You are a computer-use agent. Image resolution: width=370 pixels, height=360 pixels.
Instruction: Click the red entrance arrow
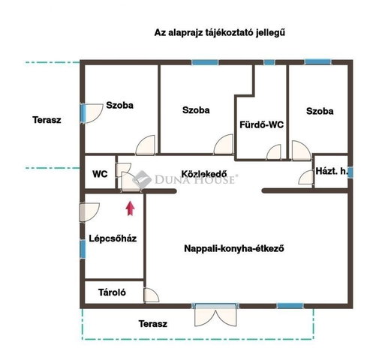[130, 208]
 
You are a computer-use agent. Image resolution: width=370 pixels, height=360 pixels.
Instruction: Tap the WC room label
[100, 174]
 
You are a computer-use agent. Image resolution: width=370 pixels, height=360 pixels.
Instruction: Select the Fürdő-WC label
[262, 124]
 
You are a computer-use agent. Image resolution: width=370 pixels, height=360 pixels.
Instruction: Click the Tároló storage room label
[112, 292]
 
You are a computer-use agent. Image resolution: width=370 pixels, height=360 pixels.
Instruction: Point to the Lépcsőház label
[113, 238]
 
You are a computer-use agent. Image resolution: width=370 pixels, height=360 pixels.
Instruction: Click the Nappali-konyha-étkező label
[234, 248]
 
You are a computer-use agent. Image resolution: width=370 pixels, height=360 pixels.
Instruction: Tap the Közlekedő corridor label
[204, 174]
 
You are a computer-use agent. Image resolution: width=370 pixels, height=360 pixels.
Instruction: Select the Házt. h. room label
[332, 171]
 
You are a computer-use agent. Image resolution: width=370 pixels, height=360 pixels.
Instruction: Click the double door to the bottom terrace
[215, 315]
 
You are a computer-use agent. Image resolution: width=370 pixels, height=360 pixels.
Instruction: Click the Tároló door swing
[151, 295]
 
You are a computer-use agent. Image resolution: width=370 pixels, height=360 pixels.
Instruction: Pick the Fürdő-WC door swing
[274, 152]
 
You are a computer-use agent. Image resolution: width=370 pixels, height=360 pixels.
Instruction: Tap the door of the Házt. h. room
[305, 177]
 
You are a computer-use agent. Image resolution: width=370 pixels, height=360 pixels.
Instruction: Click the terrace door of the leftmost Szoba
[92, 113]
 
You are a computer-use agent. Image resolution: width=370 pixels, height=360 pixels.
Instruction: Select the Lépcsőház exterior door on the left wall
[89, 212]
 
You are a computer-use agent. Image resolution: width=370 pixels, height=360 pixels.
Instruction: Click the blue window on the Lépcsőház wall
[83, 249]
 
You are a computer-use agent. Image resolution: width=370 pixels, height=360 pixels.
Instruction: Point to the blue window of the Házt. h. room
[350, 172]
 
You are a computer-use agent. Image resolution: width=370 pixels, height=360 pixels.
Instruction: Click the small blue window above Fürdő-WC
[269, 62]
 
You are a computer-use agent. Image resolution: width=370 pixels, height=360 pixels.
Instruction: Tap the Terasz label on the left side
[47, 120]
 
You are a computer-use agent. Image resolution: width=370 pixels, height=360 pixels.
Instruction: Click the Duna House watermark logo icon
[141, 178]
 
